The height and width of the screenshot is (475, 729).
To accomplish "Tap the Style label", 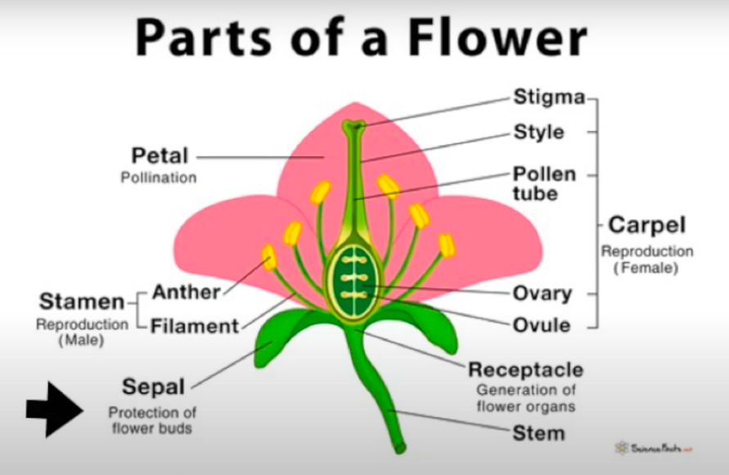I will point(538,132).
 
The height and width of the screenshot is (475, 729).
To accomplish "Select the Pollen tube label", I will point(544,184).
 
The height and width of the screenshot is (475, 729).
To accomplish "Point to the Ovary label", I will point(542,293).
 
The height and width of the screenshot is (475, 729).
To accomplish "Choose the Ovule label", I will point(541,324).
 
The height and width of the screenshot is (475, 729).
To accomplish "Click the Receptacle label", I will point(525,369).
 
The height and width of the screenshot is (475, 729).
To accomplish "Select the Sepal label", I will point(153,386).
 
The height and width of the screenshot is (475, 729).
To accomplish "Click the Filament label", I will point(195,325).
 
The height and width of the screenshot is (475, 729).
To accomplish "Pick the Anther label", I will point(187,292).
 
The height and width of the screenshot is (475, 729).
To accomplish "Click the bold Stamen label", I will point(82,301).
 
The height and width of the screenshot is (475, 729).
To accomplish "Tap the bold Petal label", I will point(160,155).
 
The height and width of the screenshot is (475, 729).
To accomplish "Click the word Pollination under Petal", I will point(159,177).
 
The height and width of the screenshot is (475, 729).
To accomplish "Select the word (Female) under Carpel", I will point(646,267).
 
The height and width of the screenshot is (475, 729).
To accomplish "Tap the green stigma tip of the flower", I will point(354,127).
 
